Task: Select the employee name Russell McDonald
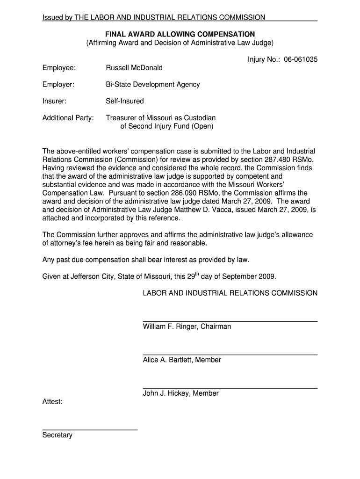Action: click(x=134, y=68)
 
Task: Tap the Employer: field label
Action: click(x=58, y=85)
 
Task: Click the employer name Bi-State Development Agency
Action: click(x=153, y=85)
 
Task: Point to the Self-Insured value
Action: click(x=125, y=101)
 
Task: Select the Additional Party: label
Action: click(x=68, y=118)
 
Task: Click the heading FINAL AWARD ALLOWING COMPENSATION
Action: click(x=180, y=34)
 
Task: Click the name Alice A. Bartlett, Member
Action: click(x=182, y=360)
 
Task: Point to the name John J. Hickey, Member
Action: click(x=180, y=393)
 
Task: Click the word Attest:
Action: click(x=52, y=402)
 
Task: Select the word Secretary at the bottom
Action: click(x=58, y=435)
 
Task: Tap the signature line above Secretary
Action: click(x=90, y=429)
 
